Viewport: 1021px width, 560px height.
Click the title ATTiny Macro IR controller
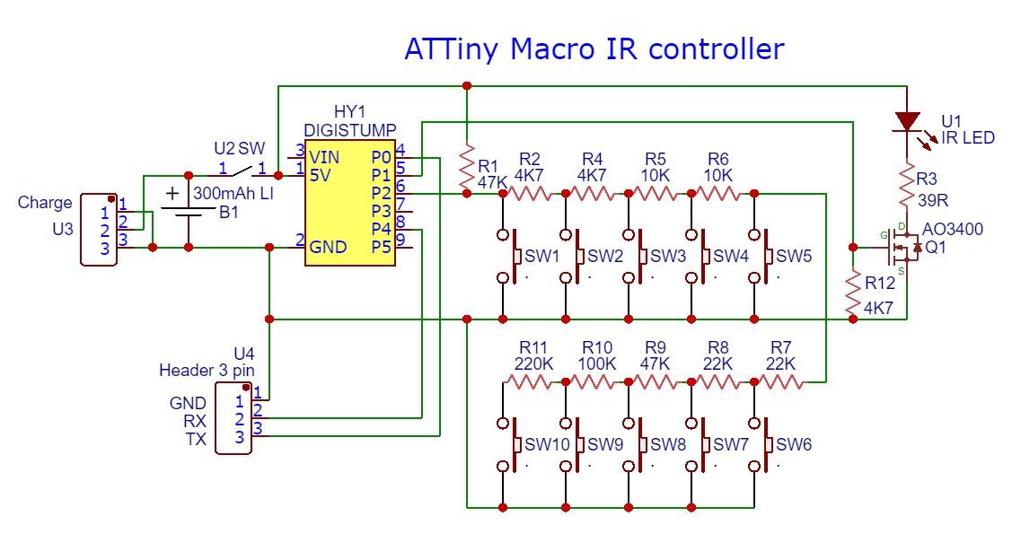(x=594, y=49)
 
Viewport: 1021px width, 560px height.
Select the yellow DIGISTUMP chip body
(x=349, y=202)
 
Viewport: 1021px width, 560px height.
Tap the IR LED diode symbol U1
(x=908, y=122)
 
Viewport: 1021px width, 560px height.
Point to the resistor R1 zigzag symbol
(x=466, y=167)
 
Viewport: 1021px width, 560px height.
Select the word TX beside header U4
(x=195, y=439)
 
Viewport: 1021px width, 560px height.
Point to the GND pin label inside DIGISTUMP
(x=329, y=247)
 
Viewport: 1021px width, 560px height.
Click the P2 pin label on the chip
(x=381, y=193)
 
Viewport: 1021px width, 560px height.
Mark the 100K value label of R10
(x=597, y=364)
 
